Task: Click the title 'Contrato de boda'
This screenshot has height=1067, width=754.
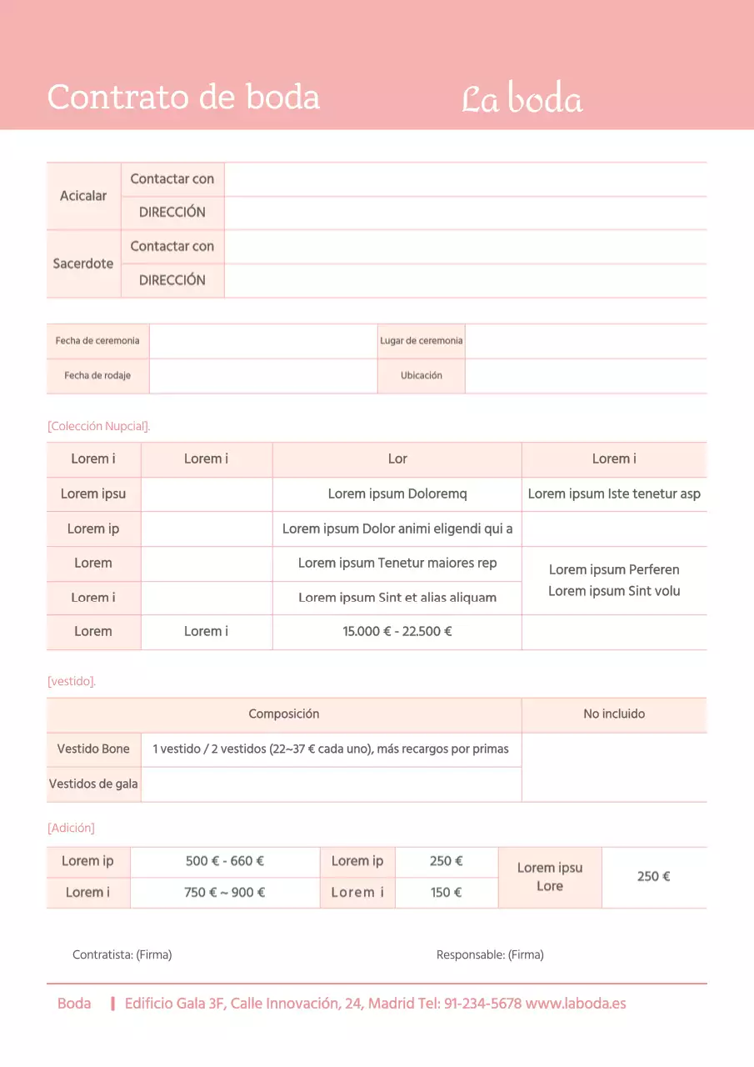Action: click(x=183, y=98)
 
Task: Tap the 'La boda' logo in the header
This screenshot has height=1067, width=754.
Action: click(x=522, y=99)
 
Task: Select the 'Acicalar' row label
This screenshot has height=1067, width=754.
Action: click(x=83, y=196)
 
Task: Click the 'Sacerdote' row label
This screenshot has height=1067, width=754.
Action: click(x=83, y=263)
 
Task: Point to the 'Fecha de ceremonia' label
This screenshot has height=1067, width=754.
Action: click(x=97, y=341)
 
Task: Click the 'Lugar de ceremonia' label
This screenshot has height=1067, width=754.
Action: click(x=421, y=341)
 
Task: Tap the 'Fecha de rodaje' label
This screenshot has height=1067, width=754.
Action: click(x=97, y=376)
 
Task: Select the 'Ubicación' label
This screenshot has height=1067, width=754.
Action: click(x=421, y=376)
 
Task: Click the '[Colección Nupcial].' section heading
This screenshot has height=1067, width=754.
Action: click(x=99, y=426)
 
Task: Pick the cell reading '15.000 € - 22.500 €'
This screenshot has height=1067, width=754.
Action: click(x=397, y=632)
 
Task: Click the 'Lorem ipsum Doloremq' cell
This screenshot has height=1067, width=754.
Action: click(x=397, y=493)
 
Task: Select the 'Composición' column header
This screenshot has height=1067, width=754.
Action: click(x=283, y=714)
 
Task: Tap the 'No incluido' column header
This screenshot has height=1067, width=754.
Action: click(x=614, y=714)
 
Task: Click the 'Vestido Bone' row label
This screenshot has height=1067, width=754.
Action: click(x=93, y=749)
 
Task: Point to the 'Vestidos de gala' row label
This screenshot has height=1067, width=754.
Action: click(x=93, y=784)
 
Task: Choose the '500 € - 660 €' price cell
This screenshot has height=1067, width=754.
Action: click(x=225, y=861)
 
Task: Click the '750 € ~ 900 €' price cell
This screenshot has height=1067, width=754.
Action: click(x=225, y=893)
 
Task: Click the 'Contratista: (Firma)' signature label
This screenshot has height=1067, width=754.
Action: click(x=122, y=955)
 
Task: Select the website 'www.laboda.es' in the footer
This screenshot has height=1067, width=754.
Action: click(x=576, y=1004)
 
